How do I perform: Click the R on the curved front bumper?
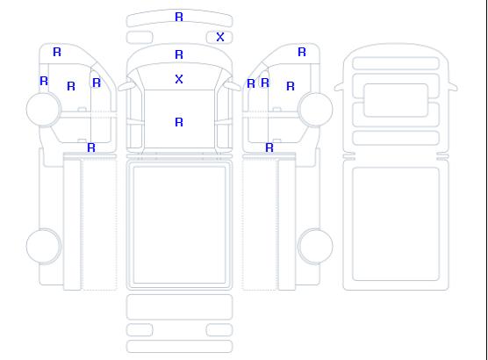(179, 17)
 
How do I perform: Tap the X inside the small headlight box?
(220, 37)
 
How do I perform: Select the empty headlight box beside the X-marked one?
(140, 38)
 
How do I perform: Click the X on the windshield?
(179, 79)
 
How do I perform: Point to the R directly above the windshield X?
(179, 54)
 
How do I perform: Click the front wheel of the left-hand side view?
(44, 110)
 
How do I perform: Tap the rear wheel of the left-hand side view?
(44, 246)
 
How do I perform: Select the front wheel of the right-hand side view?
(315, 110)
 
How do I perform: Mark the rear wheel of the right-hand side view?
(315, 246)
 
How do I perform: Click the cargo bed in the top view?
(179, 225)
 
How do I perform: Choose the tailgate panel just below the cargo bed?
(179, 307)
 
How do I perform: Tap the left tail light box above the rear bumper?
(140, 330)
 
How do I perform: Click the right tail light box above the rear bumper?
(219, 330)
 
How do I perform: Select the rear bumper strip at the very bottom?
(179, 347)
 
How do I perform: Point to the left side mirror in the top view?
(126, 86)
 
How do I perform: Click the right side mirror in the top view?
(233, 86)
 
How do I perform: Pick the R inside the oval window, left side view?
(97, 83)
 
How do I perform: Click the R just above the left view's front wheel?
(44, 81)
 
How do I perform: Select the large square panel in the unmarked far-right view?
(396, 224)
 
